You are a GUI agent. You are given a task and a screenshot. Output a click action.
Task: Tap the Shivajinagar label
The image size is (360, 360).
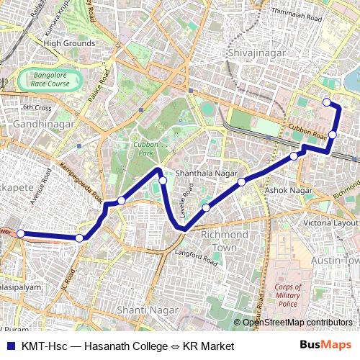[256, 53]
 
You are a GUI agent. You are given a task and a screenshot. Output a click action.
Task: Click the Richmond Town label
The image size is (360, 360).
[218, 241]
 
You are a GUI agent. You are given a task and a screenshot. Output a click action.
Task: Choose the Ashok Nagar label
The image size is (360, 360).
[289, 190]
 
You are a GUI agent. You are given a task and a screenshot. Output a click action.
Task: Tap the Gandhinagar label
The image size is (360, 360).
[44, 125]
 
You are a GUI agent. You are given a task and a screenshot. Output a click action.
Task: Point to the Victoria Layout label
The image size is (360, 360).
[330, 223]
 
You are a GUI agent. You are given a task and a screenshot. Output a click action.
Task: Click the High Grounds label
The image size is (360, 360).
[69, 43]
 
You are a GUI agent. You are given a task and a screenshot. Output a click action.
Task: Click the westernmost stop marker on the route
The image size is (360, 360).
[21, 233]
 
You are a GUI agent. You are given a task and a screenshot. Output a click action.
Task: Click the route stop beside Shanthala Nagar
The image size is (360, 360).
[163, 180]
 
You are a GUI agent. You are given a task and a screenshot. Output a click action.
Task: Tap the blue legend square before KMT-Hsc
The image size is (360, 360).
[9, 346]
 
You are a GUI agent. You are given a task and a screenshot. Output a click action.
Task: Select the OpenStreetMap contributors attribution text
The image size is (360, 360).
[297, 322]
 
